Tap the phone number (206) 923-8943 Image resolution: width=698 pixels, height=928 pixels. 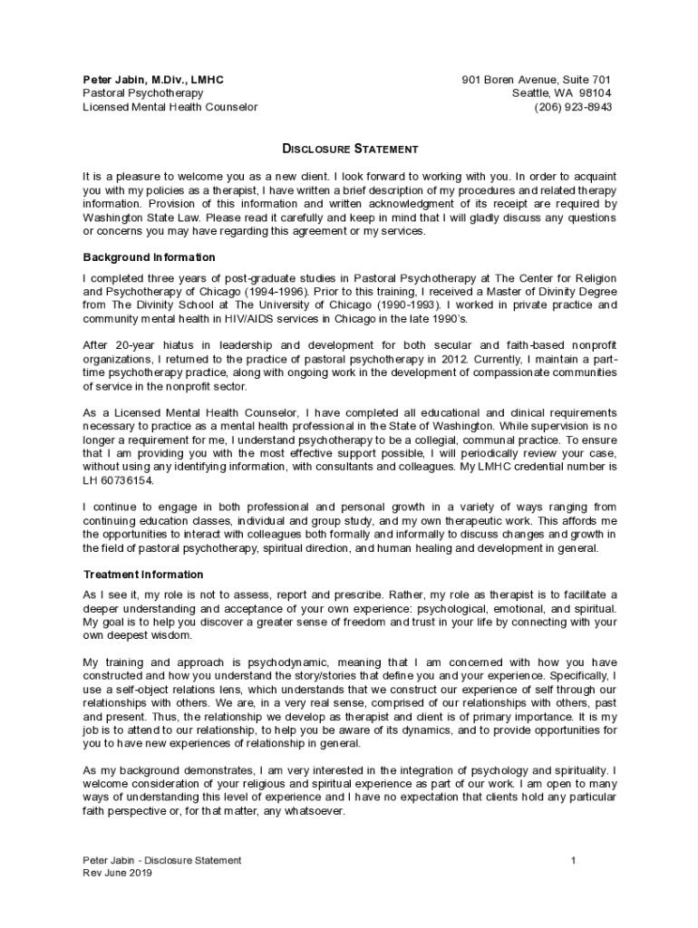[x=573, y=107]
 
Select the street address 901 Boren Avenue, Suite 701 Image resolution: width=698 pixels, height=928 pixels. [x=537, y=80]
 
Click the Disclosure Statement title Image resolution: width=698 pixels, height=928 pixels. [x=349, y=148]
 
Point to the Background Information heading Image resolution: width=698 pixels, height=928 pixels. [x=150, y=257]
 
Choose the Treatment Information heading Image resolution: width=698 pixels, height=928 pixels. [x=143, y=575]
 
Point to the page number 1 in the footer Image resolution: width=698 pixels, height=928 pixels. [x=574, y=860]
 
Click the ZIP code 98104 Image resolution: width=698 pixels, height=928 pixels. [x=595, y=93]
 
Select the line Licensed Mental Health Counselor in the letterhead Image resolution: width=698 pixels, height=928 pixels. [x=170, y=107]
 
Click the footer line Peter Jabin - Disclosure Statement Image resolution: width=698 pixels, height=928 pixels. [x=162, y=860]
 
